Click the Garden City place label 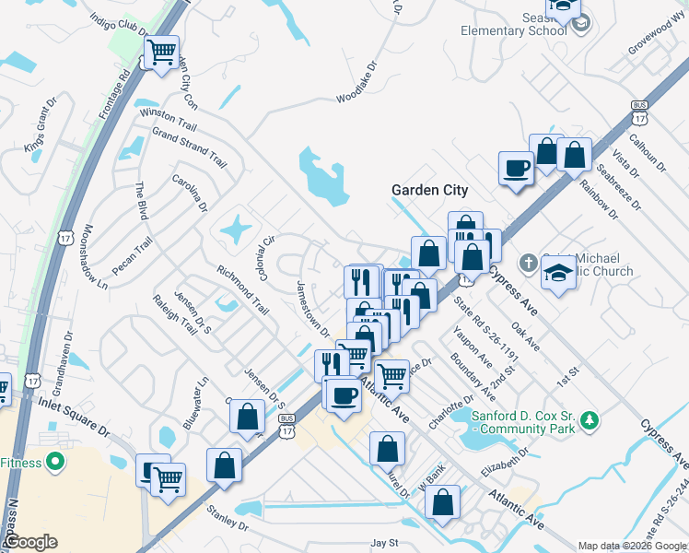tap(429, 190)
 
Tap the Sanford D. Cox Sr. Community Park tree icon tap(588, 422)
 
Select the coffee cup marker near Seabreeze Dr tap(515, 168)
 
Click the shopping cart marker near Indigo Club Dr tap(162, 52)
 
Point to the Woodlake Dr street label tap(357, 81)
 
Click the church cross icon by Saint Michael tap(528, 262)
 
